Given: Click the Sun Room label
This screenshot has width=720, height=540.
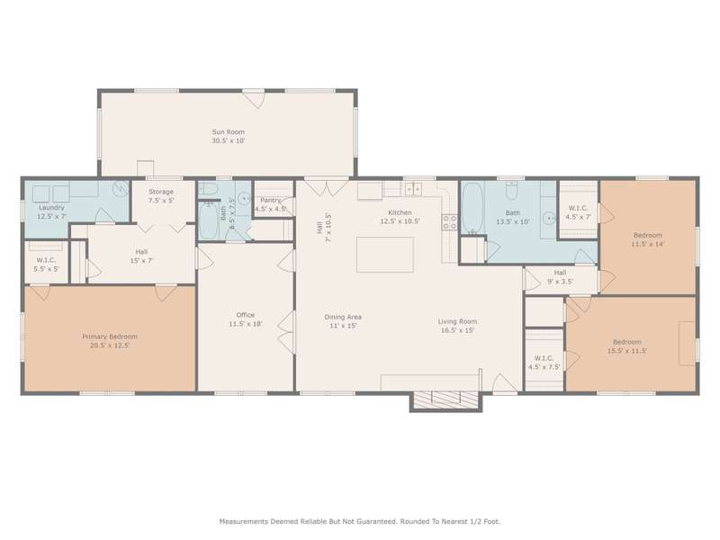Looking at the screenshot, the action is pyautogui.click(x=229, y=132).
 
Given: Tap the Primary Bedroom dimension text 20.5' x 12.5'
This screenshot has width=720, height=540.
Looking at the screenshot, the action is pyautogui.click(x=110, y=346).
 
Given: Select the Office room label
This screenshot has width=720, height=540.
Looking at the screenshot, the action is pyautogui.click(x=245, y=315).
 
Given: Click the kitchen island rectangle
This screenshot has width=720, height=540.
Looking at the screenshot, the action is pyautogui.click(x=385, y=255).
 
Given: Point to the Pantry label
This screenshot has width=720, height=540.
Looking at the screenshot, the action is pyautogui.click(x=270, y=200).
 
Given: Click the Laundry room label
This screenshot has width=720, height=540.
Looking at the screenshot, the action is pyautogui.click(x=51, y=208).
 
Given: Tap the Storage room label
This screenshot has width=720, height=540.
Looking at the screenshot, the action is pyautogui.click(x=161, y=192).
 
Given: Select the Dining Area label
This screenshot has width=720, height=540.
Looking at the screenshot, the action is pyautogui.click(x=343, y=318).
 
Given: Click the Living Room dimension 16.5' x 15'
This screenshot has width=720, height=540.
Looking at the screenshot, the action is pyautogui.click(x=457, y=330).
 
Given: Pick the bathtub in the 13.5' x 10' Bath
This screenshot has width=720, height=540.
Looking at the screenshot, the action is pyautogui.click(x=472, y=208).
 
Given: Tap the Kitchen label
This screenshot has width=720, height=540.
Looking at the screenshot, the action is pyautogui.click(x=400, y=212).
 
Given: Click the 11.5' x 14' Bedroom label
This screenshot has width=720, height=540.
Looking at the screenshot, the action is pyautogui.click(x=647, y=236).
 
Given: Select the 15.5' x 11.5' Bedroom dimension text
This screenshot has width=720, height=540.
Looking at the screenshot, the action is pyautogui.click(x=627, y=351).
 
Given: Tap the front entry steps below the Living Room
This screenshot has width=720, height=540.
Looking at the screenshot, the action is pyautogui.click(x=445, y=400).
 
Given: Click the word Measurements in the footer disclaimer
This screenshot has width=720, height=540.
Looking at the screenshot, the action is pyautogui.click(x=243, y=522).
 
